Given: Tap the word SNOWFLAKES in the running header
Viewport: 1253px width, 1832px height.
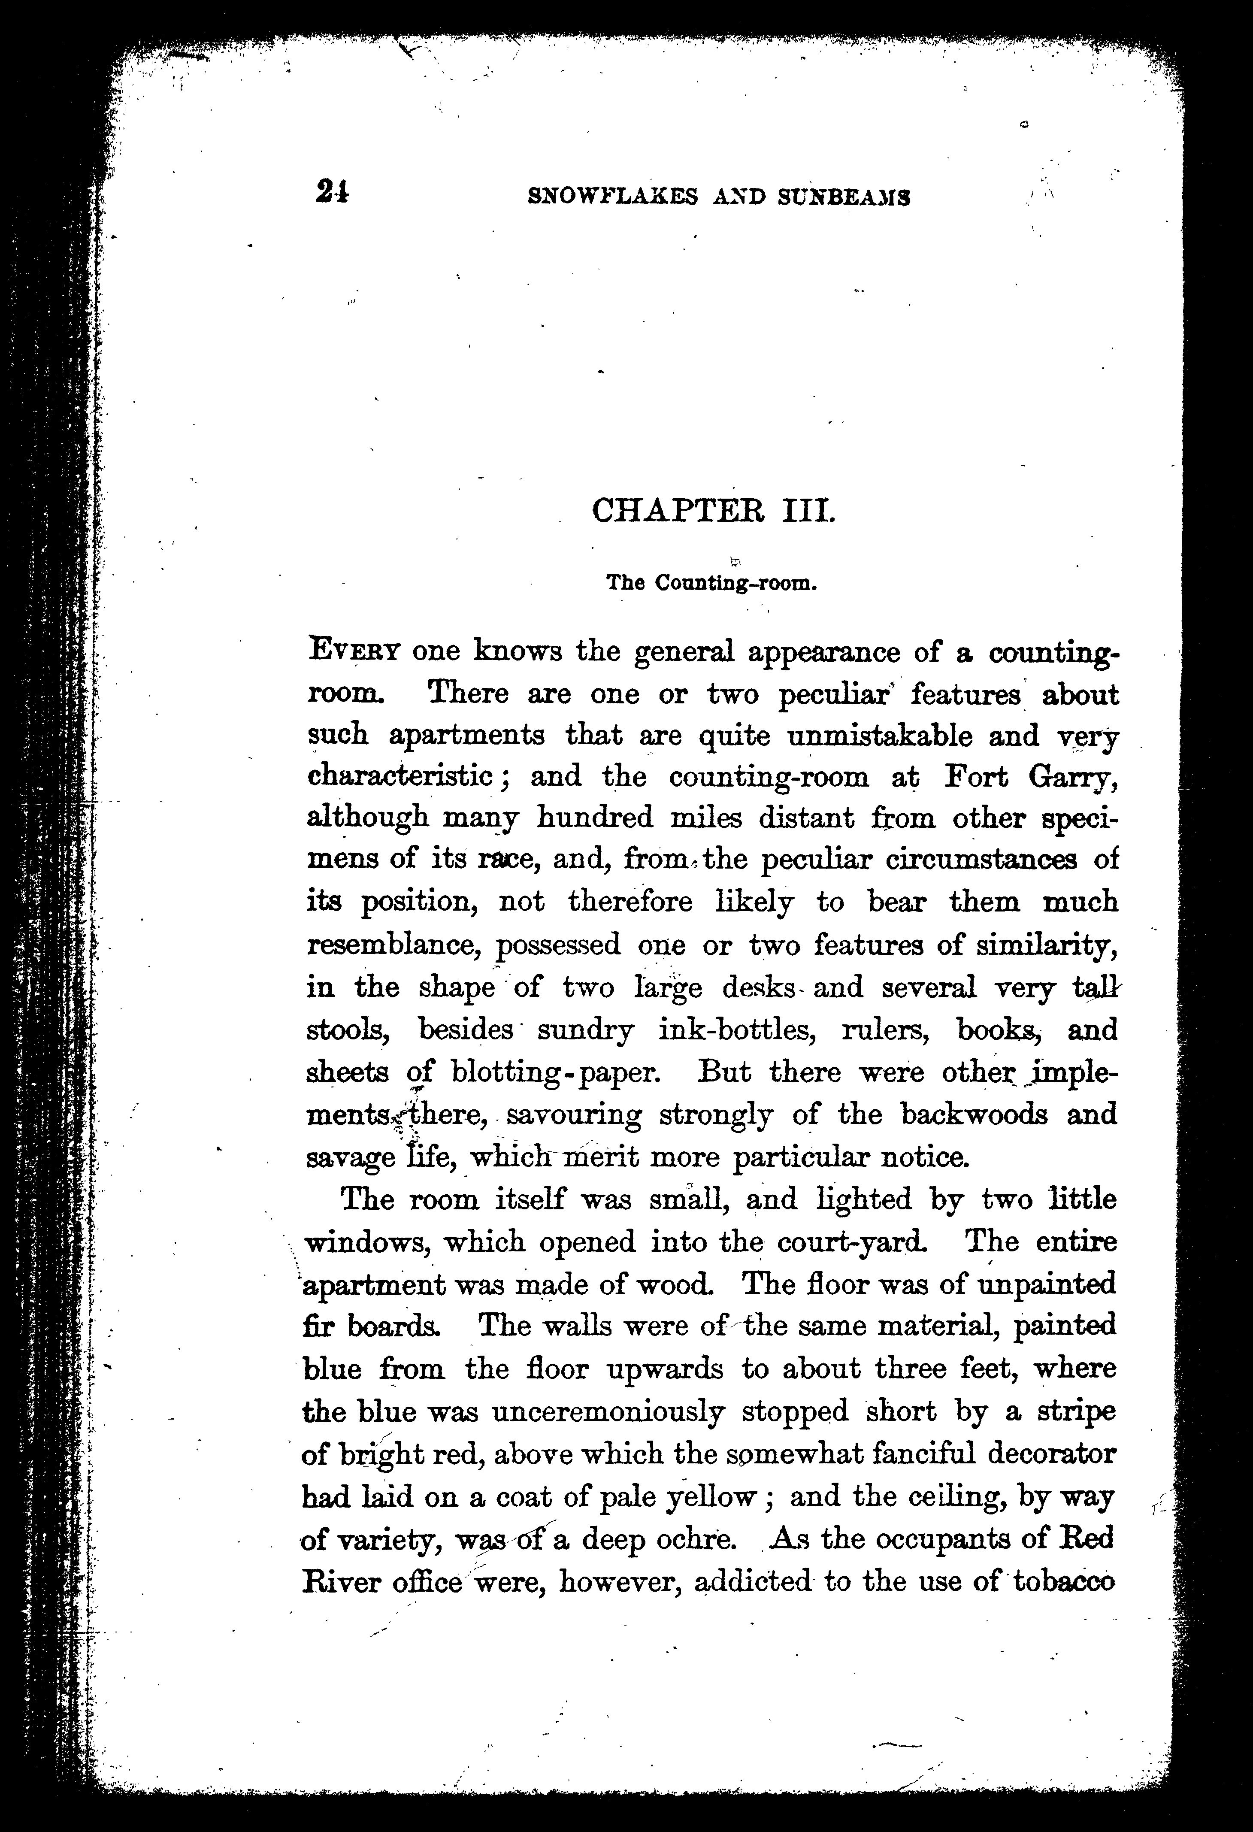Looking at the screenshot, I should point(612,197).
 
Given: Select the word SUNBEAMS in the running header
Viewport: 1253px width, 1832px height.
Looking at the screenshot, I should point(844,197).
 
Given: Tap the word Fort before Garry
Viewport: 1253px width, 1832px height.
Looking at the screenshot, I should point(976,776).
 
